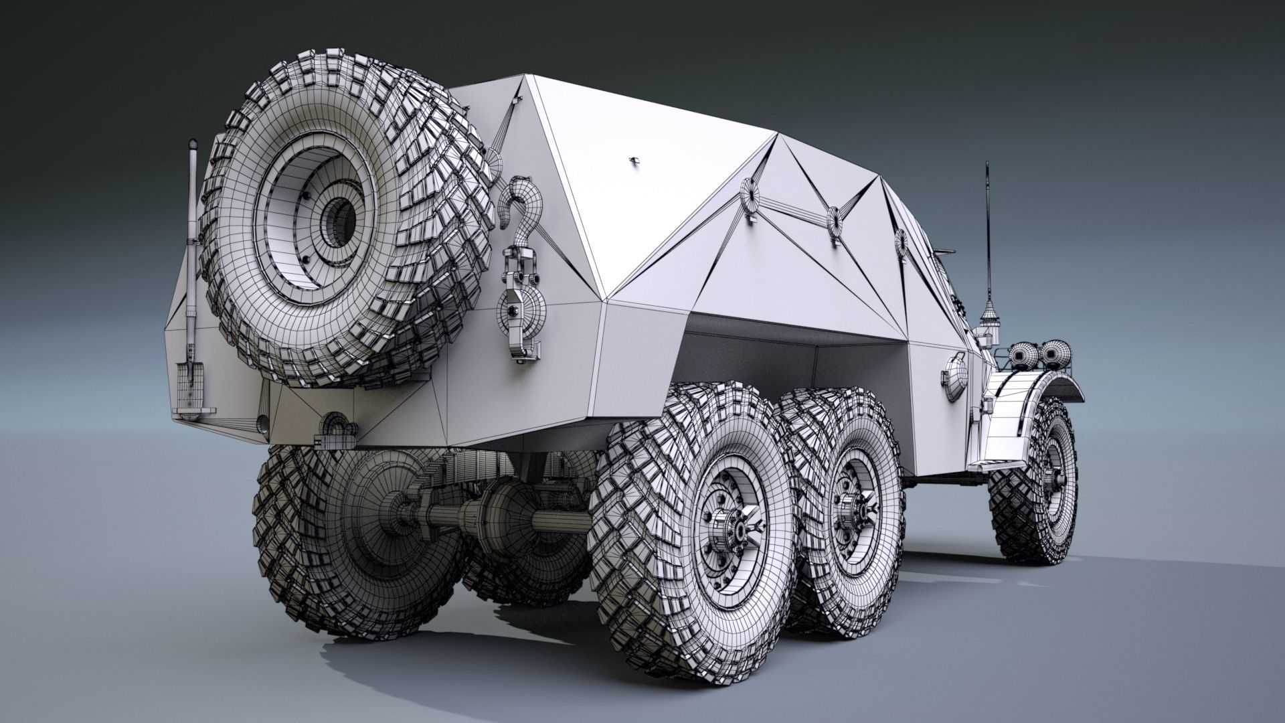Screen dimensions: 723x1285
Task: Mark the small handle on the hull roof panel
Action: [x=634, y=161]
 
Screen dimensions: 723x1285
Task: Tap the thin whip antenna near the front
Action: [x=987, y=234]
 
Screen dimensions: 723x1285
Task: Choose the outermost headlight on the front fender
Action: [x=1053, y=351]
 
